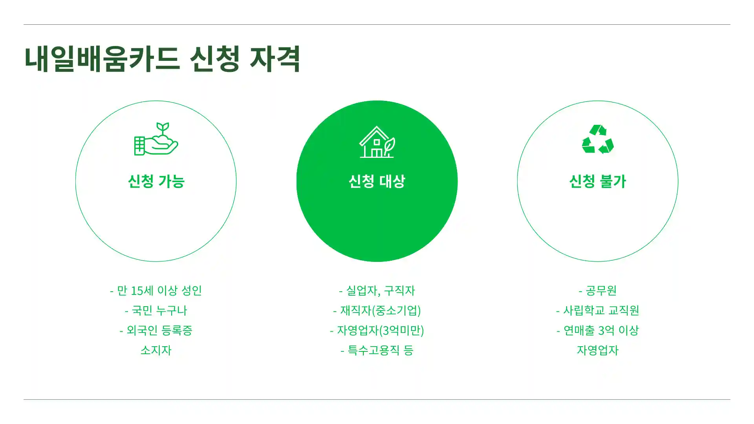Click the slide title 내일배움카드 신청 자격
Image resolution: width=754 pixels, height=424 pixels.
[163, 59]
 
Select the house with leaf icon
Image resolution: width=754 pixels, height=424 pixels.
[377, 142]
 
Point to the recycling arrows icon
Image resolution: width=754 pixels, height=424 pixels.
[598, 139]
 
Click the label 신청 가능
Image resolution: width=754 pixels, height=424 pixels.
[156, 181]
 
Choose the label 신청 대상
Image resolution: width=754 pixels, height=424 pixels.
[377, 181]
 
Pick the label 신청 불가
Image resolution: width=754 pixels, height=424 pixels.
[598, 181]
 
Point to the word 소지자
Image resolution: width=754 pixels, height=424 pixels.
[156, 350]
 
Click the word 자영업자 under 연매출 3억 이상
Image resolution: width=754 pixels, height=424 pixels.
[598, 350]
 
